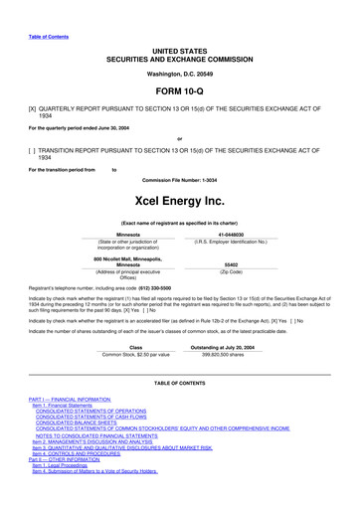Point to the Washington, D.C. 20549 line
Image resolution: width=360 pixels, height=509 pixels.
179,47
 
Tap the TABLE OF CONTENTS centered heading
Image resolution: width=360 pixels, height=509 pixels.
179,382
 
